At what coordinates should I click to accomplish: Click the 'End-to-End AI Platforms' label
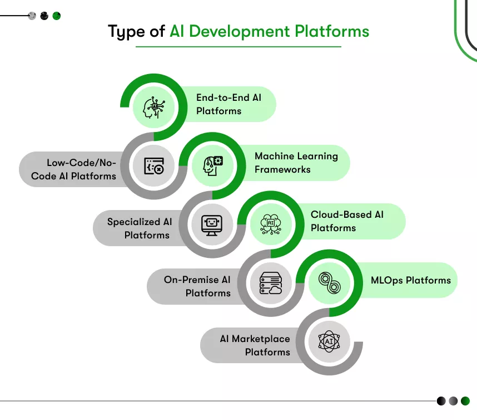228,104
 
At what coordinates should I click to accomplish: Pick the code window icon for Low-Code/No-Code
154,165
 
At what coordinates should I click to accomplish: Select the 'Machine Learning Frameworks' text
296,163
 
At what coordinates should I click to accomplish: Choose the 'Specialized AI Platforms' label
140,228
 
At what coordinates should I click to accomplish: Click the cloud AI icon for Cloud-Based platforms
271,224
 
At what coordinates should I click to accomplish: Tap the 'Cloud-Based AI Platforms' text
347,221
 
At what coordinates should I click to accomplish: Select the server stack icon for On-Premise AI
271,283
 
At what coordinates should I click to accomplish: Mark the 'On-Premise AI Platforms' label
197,286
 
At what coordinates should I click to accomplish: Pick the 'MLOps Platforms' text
411,280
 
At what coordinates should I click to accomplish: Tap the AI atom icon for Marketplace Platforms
329,341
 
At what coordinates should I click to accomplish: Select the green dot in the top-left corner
57,16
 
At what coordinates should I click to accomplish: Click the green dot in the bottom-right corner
465,401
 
